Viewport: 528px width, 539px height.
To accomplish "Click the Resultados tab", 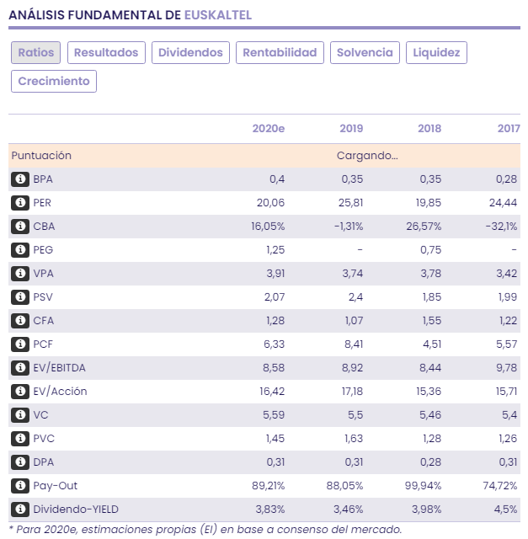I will (x=106, y=52).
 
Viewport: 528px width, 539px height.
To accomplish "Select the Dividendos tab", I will (x=191, y=52).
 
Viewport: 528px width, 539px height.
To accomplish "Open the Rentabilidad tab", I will (x=280, y=52).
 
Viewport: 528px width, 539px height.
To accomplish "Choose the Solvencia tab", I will (x=365, y=52).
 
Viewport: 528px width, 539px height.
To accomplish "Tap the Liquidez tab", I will (x=436, y=52).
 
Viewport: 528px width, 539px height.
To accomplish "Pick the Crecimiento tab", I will (x=54, y=81).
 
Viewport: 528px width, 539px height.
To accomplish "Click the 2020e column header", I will (x=269, y=128).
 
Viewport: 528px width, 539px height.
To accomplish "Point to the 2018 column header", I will (x=429, y=128).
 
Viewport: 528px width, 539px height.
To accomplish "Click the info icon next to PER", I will (x=20, y=203).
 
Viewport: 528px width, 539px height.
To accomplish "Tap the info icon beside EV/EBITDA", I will (x=20, y=368).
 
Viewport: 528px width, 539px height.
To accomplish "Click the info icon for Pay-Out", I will (x=20, y=486).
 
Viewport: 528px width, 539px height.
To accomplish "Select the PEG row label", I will (x=44, y=250).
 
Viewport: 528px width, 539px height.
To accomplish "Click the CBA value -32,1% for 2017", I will (x=501, y=227).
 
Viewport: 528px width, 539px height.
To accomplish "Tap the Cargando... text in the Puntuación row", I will (x=367, y=156).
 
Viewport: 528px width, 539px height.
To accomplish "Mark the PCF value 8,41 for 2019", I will (x=352, y=344).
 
